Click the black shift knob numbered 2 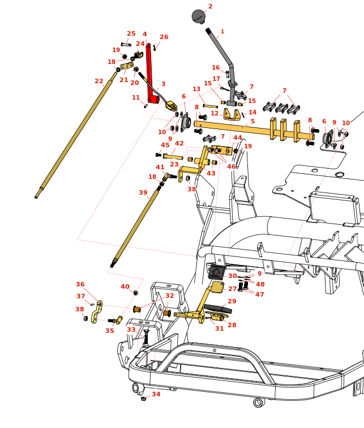[x=198, y=16]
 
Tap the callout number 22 [x=99, y=81]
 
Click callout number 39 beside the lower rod [x=143, y=193]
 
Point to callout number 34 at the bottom [x=156, y=394]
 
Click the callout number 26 [x=164, y=37]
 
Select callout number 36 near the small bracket [x=80, y=285]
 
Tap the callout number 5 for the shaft [x=252, y=121]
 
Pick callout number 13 [x=196, y=89]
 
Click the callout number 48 [x=260, y=284]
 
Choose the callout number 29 [x=232, y=302]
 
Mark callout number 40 [x=125, y=287]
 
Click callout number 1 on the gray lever [x=222, y=32]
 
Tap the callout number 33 [x=131, y=329]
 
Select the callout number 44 [x=238, y=138]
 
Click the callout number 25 [x=131, y=34]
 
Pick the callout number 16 [x=216, y=68]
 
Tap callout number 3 [x=163, y=84]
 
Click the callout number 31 [x=219, y=329]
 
